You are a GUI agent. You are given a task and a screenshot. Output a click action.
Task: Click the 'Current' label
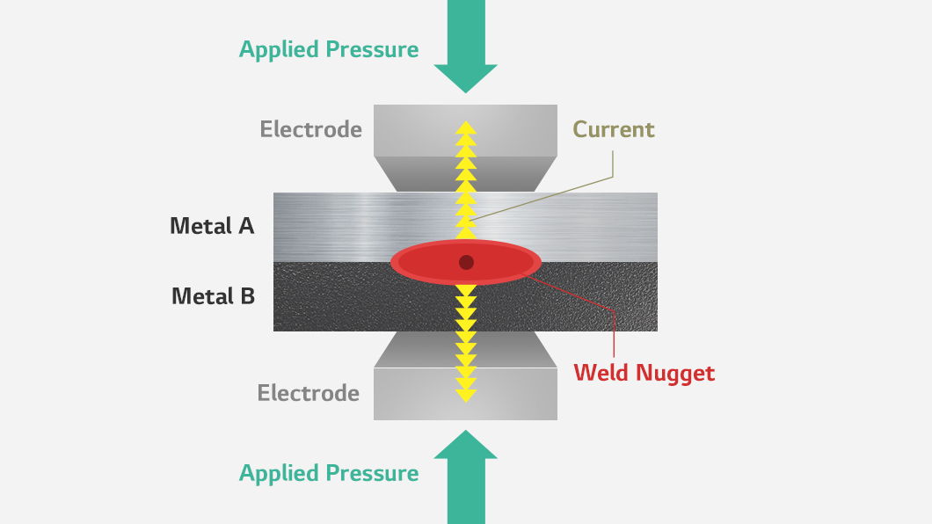[614, 129]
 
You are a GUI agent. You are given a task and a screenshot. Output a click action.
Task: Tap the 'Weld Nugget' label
[644, 373]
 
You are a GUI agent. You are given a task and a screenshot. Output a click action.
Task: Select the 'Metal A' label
[212, 226]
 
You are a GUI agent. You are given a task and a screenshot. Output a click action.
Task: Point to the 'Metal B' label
[214, 296]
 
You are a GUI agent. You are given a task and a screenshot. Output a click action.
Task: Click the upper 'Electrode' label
[311, 129]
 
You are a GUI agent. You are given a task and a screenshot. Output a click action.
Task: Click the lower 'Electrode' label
[309, 393]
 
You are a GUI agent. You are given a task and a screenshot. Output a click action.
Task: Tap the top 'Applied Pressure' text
[329, 49]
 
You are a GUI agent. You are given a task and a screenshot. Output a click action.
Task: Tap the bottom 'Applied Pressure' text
[329, 474]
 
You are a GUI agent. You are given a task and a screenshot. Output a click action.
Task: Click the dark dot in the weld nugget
[466, 262]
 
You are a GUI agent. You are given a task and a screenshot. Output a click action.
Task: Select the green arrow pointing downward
[466, 47]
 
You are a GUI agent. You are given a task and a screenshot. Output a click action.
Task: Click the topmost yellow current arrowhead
[466, 127]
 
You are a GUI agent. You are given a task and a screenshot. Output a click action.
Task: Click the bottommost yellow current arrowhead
[466, 397]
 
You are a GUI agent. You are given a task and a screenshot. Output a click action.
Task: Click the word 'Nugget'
[675, 374]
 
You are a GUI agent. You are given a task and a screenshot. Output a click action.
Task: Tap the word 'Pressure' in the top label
[372, 49]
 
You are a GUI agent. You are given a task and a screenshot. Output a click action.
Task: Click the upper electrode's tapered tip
[465, 174]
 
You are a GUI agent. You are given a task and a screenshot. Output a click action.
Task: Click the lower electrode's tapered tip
[465, 349]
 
